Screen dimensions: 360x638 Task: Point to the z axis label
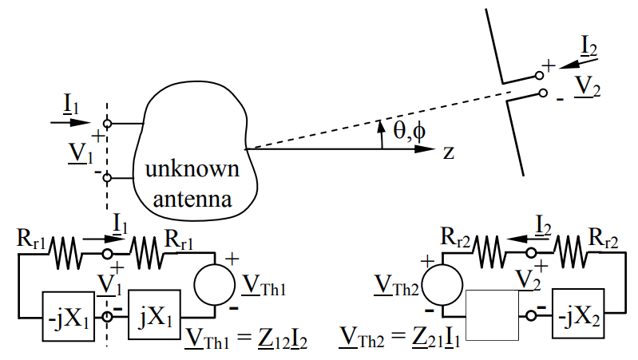(x=448, y=151)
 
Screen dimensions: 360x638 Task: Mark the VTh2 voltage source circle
(x=442, y=286)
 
